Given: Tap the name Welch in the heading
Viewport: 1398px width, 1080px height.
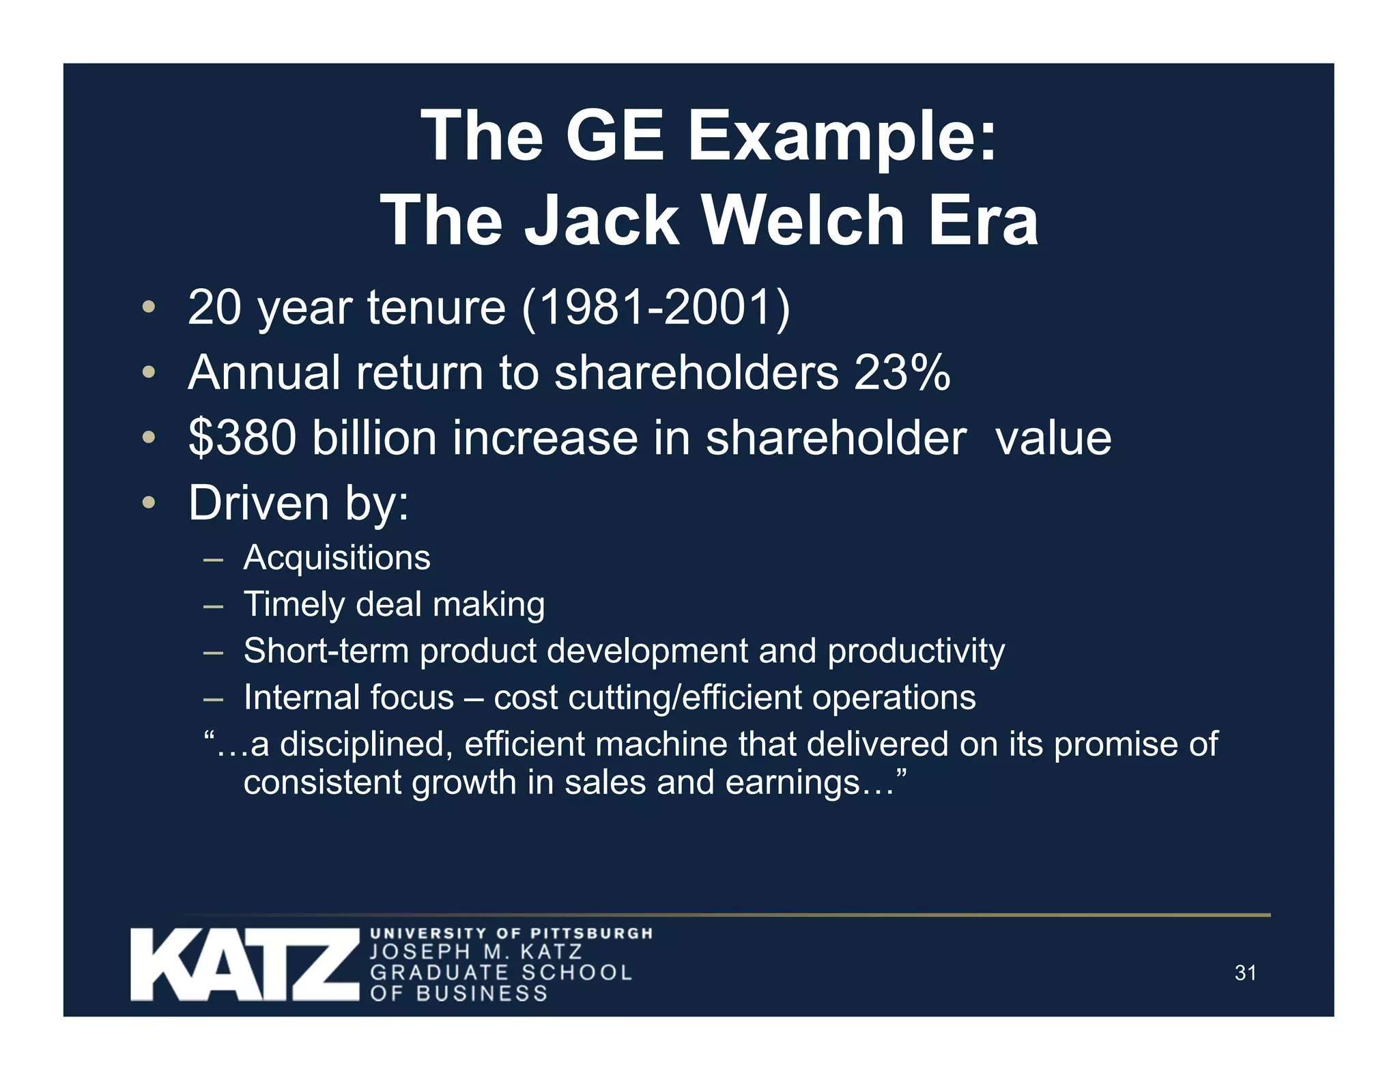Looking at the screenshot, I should [x=803, y=221].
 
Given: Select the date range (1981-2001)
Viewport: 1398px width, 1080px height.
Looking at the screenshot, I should [x=655, y=307].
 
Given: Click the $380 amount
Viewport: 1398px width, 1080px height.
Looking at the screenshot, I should [x=242, y=438].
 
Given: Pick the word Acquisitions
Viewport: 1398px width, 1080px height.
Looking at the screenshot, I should [x=337, y=558].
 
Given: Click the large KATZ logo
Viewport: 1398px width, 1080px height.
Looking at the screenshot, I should [x=244, y=965].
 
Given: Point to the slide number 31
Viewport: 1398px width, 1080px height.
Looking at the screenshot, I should [x=1245, y=973].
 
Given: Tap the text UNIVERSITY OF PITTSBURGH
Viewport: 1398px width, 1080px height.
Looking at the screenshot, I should [x=511, y=933].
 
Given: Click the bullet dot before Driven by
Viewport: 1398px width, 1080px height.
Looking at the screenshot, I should [x=149, y=504].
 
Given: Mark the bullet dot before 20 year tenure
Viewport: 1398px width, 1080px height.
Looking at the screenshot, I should [x=149, y=307].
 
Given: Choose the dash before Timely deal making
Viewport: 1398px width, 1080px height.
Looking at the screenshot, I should [x=213, y=606].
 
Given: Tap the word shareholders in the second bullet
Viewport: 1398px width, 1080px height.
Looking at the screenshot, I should [x=696, y=373].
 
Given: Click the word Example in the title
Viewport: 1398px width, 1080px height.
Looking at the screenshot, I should [x=842, y=136].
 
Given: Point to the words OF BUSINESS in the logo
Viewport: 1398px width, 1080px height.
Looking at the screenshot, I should [x=459, y=993].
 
